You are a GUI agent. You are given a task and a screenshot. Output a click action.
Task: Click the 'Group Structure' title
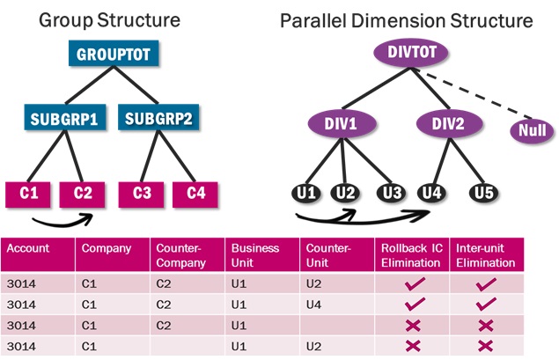pyautogui.click(x=110, y=19)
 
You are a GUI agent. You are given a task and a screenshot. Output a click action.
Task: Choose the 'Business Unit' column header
pyautogui.click(x=257, y=255)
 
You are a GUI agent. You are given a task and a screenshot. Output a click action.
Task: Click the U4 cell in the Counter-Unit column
pyautogui.click(x=312, y=305)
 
